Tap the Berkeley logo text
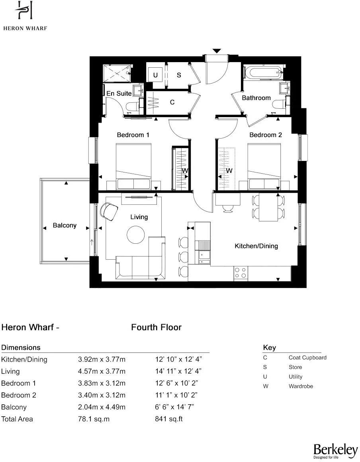click(335, 450)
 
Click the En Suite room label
click(119, 93)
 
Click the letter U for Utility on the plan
click(155, 75)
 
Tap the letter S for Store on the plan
click(179, 75)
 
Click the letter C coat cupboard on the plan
click(172, 102)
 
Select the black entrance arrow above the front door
click(216, 51)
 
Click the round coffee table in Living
click(136, 235)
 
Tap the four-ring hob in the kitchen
click(240, 272)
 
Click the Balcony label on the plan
click(65, 225)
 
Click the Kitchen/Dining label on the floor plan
click(256, 246)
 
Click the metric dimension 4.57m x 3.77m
click(102, 371)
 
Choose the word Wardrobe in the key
click(301, 386)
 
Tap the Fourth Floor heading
click(156, 327)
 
